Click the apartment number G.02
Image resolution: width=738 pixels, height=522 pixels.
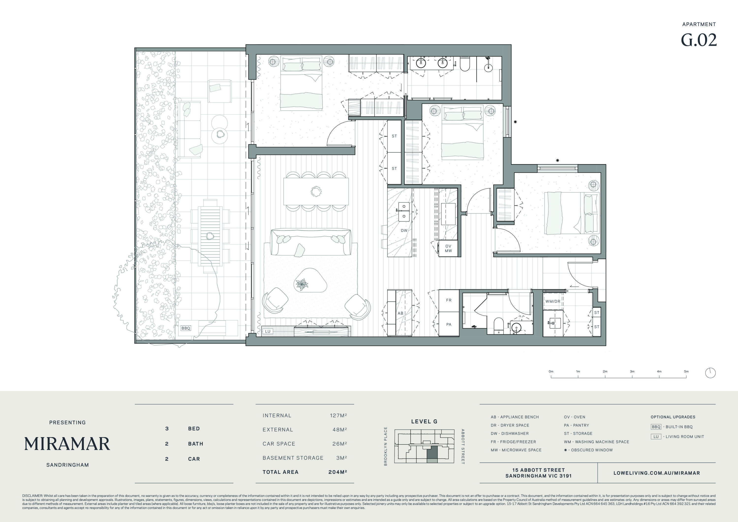pyautogui.click(x=699, y=40)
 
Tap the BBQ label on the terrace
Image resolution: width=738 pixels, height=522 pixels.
pyautogui.click(x=186, y=328)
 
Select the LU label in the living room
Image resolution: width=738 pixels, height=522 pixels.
pyautogui.click(x=268, y=331)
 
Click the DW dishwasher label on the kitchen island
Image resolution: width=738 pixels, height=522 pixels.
pyautogui.click(x=404, y=231)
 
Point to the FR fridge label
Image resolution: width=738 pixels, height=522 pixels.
pyautogui.click(x=449, y=300)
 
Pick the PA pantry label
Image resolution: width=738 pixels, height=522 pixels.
pyautogui.click(x=449, y=325)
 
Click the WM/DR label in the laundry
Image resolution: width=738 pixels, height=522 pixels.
pyautogui.click(x=553, y=301)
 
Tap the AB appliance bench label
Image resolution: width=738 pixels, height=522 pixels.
pyautogui.click(x=400, y=313)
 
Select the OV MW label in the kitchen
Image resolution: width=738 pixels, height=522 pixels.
pyautogui.click(x=448, y=248)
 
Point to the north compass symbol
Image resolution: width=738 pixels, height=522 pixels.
pyautogui.click(x=710, y=373)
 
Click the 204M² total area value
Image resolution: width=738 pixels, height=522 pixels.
pyautogui.click(x=338, y=472)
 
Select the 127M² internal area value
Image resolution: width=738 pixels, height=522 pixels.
pyautogui.click(x=338, y=415)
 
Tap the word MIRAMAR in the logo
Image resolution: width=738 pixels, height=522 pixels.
pyautogui.click(x=67, y=444)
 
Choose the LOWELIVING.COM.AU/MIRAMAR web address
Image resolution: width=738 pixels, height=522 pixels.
pyautogui.click(x=657, y=473)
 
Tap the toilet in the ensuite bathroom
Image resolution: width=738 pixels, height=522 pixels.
pyautogui.click(x=465, y=64)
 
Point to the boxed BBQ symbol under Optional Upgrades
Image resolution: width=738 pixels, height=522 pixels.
pyautogui.click(x=656, y=427)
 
